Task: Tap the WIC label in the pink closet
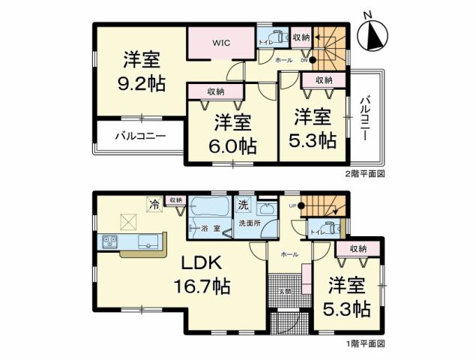pyautogui.click(x=220, y=43)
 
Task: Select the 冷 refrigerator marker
pyautogui.click(x=154, y=203)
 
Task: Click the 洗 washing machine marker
pyautogui.click(x=244, y=203)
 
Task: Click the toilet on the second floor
pyautogui.click(x=275, y=35)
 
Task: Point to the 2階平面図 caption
pyautogui.click(x=364, y=174)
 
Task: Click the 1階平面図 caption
pyautogui.click(x=364, y=343)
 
